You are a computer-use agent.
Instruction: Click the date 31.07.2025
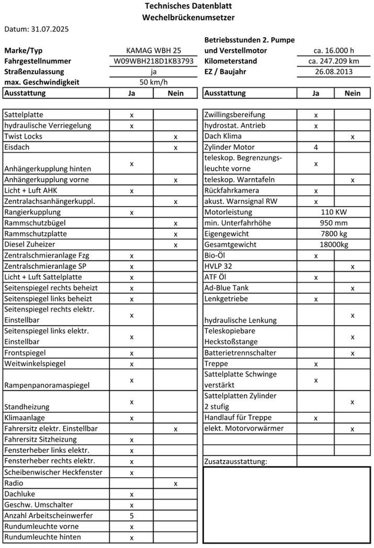pos(36,29)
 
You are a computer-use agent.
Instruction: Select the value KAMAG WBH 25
pos(154,50)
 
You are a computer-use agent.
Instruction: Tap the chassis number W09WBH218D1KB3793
pos(154,61)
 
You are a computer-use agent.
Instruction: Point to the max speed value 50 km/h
pos(154,82)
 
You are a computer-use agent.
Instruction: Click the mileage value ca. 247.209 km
pos(334,61)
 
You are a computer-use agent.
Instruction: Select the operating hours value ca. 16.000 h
pos(334,50)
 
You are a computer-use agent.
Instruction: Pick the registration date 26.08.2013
pos(334,72)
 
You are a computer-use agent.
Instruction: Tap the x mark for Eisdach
pos(176,148)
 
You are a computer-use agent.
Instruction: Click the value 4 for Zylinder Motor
pos(316,148)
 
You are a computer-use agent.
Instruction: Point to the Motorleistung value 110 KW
pos(334,212)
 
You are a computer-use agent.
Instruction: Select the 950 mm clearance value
pos(334,223)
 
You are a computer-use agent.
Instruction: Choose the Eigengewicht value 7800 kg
pos(334,234)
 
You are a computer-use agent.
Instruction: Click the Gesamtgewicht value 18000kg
pos(334,245)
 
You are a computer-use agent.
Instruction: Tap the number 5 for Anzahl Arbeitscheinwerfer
pos(132,515)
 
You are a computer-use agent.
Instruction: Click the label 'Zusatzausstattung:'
pos(235,461)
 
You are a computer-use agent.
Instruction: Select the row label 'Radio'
pos(14,483)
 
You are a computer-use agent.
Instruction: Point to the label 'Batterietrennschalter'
pos(240,353)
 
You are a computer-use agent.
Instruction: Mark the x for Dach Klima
pos(352,137)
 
